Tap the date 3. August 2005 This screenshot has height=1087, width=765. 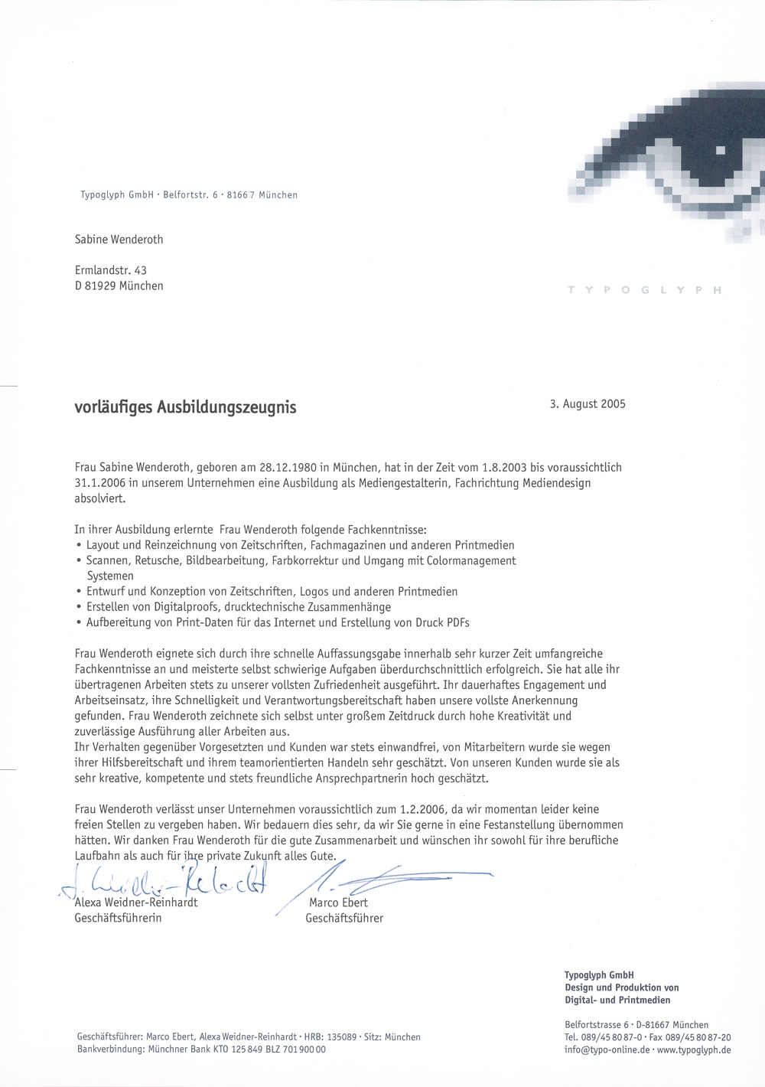tap(587, 404)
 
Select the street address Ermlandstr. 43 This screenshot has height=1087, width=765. tap(111, 270)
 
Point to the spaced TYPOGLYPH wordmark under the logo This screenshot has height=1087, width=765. tap(644, 290)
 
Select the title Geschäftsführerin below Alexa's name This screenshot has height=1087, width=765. tap(118, 918)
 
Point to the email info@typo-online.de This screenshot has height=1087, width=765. tap(607, 1049)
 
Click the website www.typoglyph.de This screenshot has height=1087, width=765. tap(694, 1049)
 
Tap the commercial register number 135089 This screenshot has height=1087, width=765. tap(342, 1037)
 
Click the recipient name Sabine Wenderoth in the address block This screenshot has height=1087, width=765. tap(119, 240)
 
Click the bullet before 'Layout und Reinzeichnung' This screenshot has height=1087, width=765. tap(79, 546)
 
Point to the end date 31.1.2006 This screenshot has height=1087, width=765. tap(100, 483)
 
